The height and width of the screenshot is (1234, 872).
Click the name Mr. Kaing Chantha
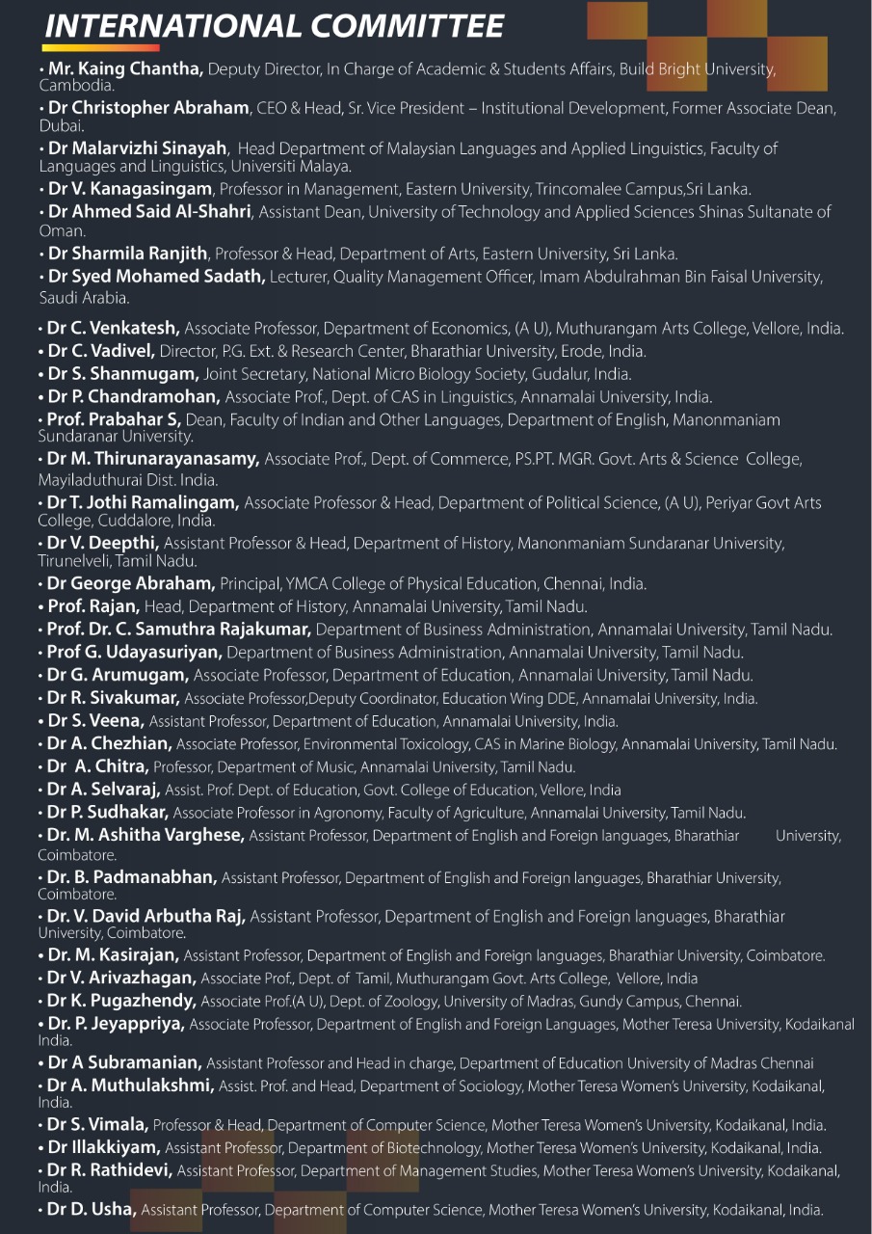click(121, 68)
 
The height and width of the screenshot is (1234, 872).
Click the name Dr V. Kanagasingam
click(131, 189)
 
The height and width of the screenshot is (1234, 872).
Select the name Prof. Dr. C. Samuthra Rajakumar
click(178, 630)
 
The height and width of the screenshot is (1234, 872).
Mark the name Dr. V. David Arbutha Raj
click(145, 916)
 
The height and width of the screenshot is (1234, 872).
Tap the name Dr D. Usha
click(92, 1209)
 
